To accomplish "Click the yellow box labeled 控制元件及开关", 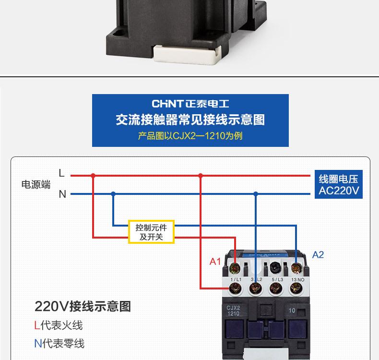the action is (x=151, y=232).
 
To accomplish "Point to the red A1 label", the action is (x=215, y=262).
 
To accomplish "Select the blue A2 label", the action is (x=318, y=255).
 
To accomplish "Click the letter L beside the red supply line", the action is (x=61, y=173).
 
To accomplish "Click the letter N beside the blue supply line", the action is (x=62, y=194).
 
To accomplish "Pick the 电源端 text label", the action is (x=36, y=185).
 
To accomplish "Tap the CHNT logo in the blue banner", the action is (x=167, y=104).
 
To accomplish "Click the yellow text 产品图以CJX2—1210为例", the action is (x=190, y=136).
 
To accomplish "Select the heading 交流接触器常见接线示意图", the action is (x=190, y=120).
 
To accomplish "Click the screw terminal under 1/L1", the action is (x=235, y=288).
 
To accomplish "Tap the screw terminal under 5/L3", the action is (x=275, y=288).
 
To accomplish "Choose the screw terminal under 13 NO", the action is (x=296, y=288).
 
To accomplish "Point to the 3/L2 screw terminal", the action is (x=255, y=288).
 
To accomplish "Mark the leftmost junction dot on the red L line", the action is (x=93, y=176).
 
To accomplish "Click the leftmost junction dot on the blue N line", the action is (x=113, y=194).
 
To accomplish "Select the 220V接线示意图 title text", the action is (x=83, y=306).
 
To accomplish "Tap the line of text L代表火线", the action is (x=58, y=325).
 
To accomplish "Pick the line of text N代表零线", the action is (x=59, y=343).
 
